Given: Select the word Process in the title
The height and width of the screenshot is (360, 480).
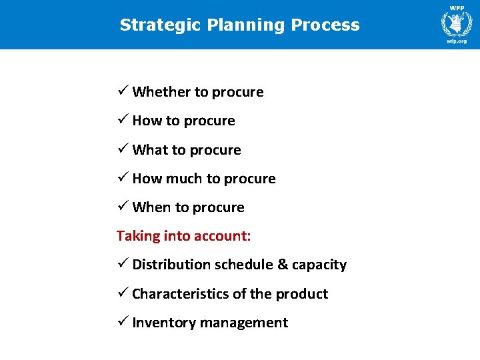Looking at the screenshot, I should click(x=326, y=25).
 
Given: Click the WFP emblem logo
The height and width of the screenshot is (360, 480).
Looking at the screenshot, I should click(x=457, y=23).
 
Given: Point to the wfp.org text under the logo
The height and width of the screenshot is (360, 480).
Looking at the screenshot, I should click(x=457, y=41).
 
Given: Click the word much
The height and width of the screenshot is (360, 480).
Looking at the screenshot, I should click(x=183, y=179).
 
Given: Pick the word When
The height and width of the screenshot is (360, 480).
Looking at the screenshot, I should click(x=151, y=207).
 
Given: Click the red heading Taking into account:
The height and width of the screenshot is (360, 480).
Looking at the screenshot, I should click(x=183, y=235).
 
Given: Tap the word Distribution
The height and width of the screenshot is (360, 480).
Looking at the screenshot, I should click(x=171, y=265).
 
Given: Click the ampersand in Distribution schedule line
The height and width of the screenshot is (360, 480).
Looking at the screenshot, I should click(x=282, y=265).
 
